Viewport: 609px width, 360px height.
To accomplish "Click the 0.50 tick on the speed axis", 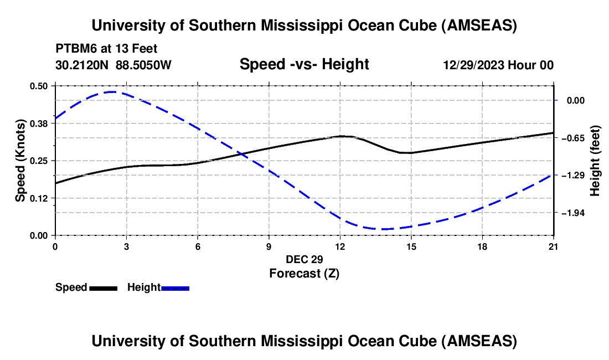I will [40, 86].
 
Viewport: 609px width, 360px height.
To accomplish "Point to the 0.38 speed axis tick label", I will [40, 123].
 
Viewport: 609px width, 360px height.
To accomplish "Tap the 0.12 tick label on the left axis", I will [40, 198].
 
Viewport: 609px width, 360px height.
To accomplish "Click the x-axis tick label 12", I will [340, 246].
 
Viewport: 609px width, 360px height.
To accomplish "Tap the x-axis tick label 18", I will [482, 246].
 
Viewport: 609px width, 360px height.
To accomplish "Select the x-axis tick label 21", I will [554, 246].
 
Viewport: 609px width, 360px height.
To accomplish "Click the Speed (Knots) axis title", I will [20, 161].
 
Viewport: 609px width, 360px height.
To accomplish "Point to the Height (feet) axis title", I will [596, 161].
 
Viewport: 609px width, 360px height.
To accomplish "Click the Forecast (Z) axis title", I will [304, 273].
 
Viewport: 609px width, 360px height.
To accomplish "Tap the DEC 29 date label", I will [304, 259].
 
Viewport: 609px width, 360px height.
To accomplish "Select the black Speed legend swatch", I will [103, 287].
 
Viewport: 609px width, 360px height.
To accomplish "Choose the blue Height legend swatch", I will [176, 287].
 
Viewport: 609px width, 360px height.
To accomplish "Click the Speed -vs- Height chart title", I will [304, 64].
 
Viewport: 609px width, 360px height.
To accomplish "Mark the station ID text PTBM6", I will [76, 49].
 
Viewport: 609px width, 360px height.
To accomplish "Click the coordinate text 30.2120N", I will [83, 65].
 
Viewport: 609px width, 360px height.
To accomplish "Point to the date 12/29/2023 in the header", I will [473, 65].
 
